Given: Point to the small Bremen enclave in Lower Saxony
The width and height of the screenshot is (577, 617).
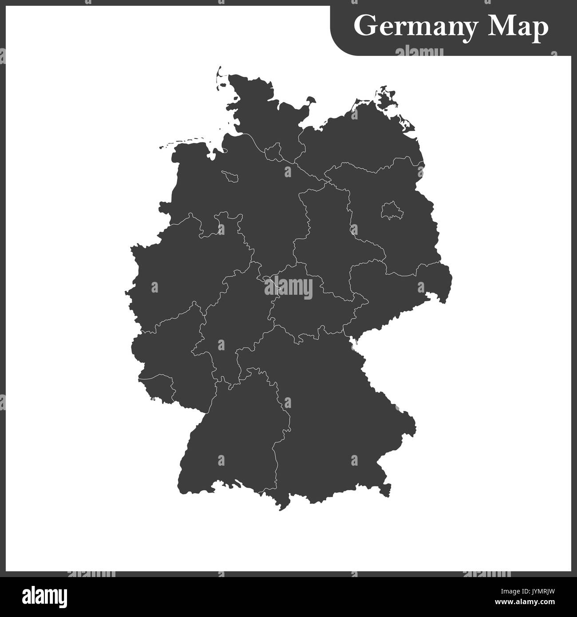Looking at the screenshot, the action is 232,176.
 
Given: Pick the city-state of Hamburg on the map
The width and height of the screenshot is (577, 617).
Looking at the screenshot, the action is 274,153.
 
